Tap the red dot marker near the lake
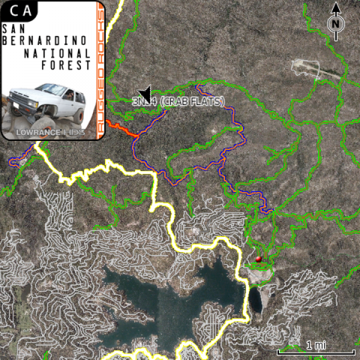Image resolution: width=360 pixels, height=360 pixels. [259, 259]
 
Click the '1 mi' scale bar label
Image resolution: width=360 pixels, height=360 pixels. [316, 345]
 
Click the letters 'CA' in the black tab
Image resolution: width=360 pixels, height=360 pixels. [20, 10]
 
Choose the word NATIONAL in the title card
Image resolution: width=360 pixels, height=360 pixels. [58, 53]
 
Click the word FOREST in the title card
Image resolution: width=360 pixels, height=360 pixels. [66, 65]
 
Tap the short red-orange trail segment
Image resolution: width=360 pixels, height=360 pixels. [121, 129]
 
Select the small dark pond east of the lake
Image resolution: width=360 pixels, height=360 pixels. [256, 300]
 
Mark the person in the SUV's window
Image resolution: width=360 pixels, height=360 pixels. [70, 95]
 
